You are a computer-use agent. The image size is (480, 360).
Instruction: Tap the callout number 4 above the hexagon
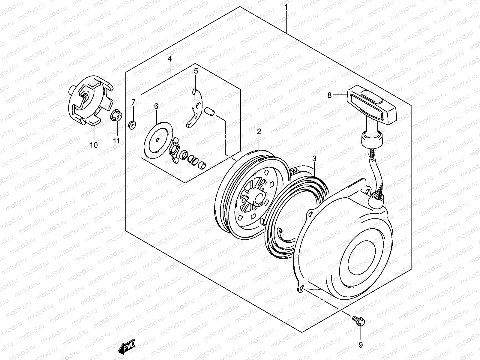click(x=169, y=59)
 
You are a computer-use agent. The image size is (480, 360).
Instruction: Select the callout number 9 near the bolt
click(x=361, y=345)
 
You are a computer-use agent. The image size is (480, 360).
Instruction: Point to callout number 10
click(x=94, y=145)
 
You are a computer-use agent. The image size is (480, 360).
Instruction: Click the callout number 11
click(x=116, y=140)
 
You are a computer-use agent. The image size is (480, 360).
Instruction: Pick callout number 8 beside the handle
click(x=329, y=95)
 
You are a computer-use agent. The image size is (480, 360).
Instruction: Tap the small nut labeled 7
click(x=132, y=125)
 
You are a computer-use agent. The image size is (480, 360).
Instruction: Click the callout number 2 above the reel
click(x=259, y=131)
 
